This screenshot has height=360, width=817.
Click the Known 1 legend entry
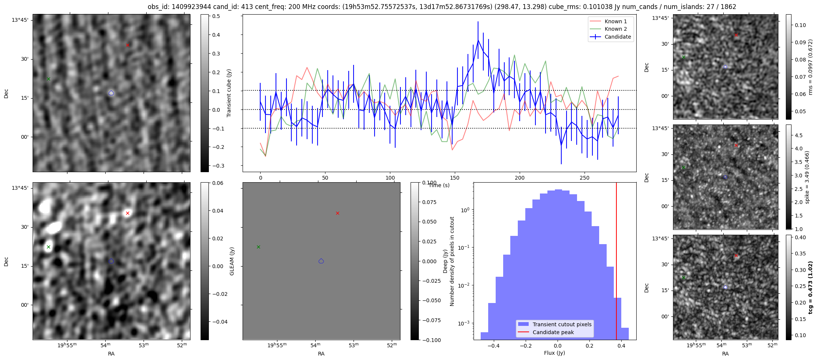615,21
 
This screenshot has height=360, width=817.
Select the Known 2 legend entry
615,29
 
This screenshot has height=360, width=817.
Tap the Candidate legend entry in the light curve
618,37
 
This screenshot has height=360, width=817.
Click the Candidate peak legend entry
553,332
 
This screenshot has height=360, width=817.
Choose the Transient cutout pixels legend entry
562,324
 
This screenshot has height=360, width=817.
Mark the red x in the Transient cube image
127,45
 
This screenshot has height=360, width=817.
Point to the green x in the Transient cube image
48,79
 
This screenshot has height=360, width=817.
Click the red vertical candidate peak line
616,262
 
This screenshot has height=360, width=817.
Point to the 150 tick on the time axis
455,177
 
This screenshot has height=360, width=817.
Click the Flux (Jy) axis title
554,353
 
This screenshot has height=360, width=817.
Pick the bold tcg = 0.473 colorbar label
811,287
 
